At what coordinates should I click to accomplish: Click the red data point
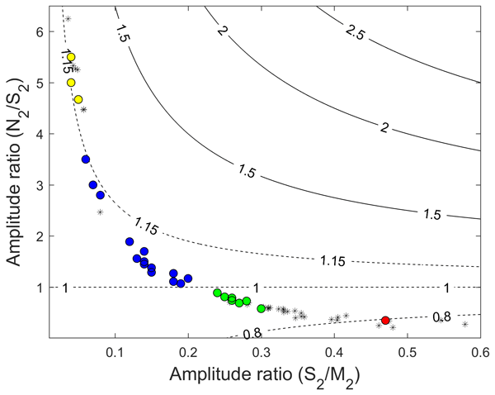point(385,320)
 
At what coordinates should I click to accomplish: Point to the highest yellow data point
point(71,57)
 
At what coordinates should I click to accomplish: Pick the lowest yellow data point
point(78,99)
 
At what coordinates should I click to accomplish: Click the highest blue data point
point(86,159)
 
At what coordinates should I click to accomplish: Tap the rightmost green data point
point(262,308)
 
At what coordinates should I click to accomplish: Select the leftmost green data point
point(217,293)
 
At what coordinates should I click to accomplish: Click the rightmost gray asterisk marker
point(465,325)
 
